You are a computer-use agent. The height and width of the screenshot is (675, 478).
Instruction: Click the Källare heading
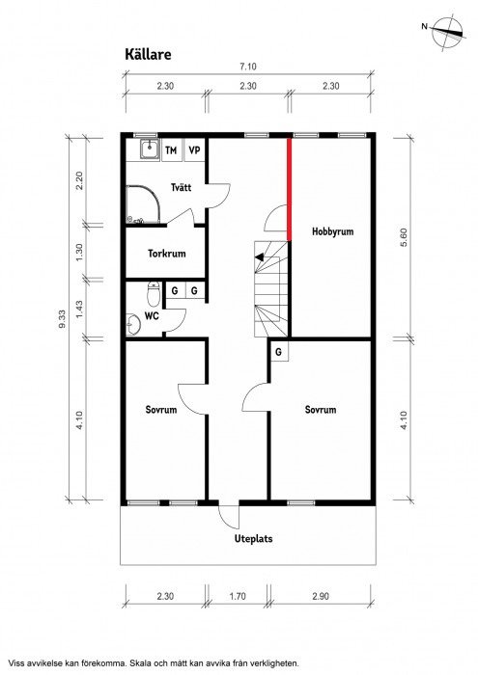pos(148,55)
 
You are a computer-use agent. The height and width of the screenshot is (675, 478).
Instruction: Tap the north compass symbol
pos(447,33)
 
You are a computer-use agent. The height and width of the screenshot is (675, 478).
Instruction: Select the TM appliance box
pos(171,150)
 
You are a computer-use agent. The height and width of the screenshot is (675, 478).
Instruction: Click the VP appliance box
pos(194,150)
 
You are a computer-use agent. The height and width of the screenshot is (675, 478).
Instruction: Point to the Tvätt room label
pos(181,187)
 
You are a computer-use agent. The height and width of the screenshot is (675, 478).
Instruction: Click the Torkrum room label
pos(167,253)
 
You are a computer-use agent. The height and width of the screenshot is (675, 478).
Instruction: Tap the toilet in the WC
pos(154,293)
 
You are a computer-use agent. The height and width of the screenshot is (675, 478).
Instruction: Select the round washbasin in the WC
pos(133,325)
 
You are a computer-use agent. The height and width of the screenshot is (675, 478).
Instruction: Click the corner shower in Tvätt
pos(143,204)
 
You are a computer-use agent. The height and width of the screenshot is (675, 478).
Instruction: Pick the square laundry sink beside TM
pos(150,149)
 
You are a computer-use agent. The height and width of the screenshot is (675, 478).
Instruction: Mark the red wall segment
pos(289,189)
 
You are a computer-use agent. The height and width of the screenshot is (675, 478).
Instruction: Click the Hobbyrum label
pos(333,231)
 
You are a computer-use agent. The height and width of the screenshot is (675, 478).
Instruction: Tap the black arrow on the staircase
pos(260,257)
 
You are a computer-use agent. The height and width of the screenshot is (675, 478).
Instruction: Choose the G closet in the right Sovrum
pos(278,352)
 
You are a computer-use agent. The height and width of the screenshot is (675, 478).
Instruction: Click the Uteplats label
pos(253,538)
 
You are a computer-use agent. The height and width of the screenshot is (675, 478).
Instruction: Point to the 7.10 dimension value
pos(248,67)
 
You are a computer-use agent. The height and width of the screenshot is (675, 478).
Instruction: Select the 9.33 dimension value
pos(63,319)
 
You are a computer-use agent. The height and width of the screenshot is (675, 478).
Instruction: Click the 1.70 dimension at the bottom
pos(238,596)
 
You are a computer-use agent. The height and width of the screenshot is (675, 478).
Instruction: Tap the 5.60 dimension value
pos(404,237)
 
